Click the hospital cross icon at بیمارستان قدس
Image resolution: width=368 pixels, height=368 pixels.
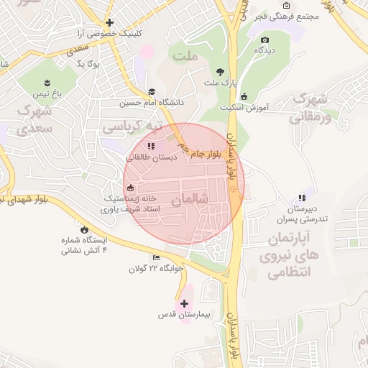(x=185, y=303)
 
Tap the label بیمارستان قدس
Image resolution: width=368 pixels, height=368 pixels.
(x=183, y=316)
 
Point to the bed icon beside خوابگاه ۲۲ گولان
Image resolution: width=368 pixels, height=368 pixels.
(x=156, y=258)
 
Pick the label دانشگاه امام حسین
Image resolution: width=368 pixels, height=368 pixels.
(x=152, y=103)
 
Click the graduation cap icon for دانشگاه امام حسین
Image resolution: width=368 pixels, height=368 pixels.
(x=152, y=91)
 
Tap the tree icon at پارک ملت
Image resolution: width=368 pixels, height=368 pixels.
(x=219, y=72)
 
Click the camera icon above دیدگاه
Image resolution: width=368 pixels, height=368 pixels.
(x=264, y=40)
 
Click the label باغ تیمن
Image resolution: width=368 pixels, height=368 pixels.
(x=47, y=93)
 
